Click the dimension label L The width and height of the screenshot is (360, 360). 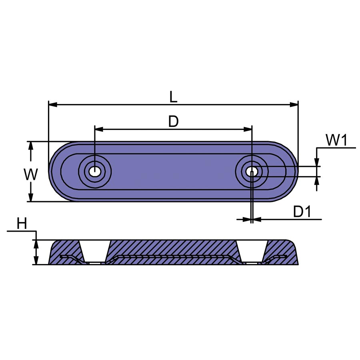point(173,97)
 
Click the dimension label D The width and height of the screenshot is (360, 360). point(173,122)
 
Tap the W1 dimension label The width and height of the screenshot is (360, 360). point(336,140)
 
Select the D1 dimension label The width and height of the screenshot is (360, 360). point(302,212)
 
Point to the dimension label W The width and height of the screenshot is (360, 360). point(30,174)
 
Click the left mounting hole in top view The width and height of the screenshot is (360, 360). point(94,171)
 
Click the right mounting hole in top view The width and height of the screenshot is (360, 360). point(252,171)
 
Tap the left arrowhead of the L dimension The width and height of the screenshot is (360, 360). point(53,105)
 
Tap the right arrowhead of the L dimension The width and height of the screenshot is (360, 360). point(294,105)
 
